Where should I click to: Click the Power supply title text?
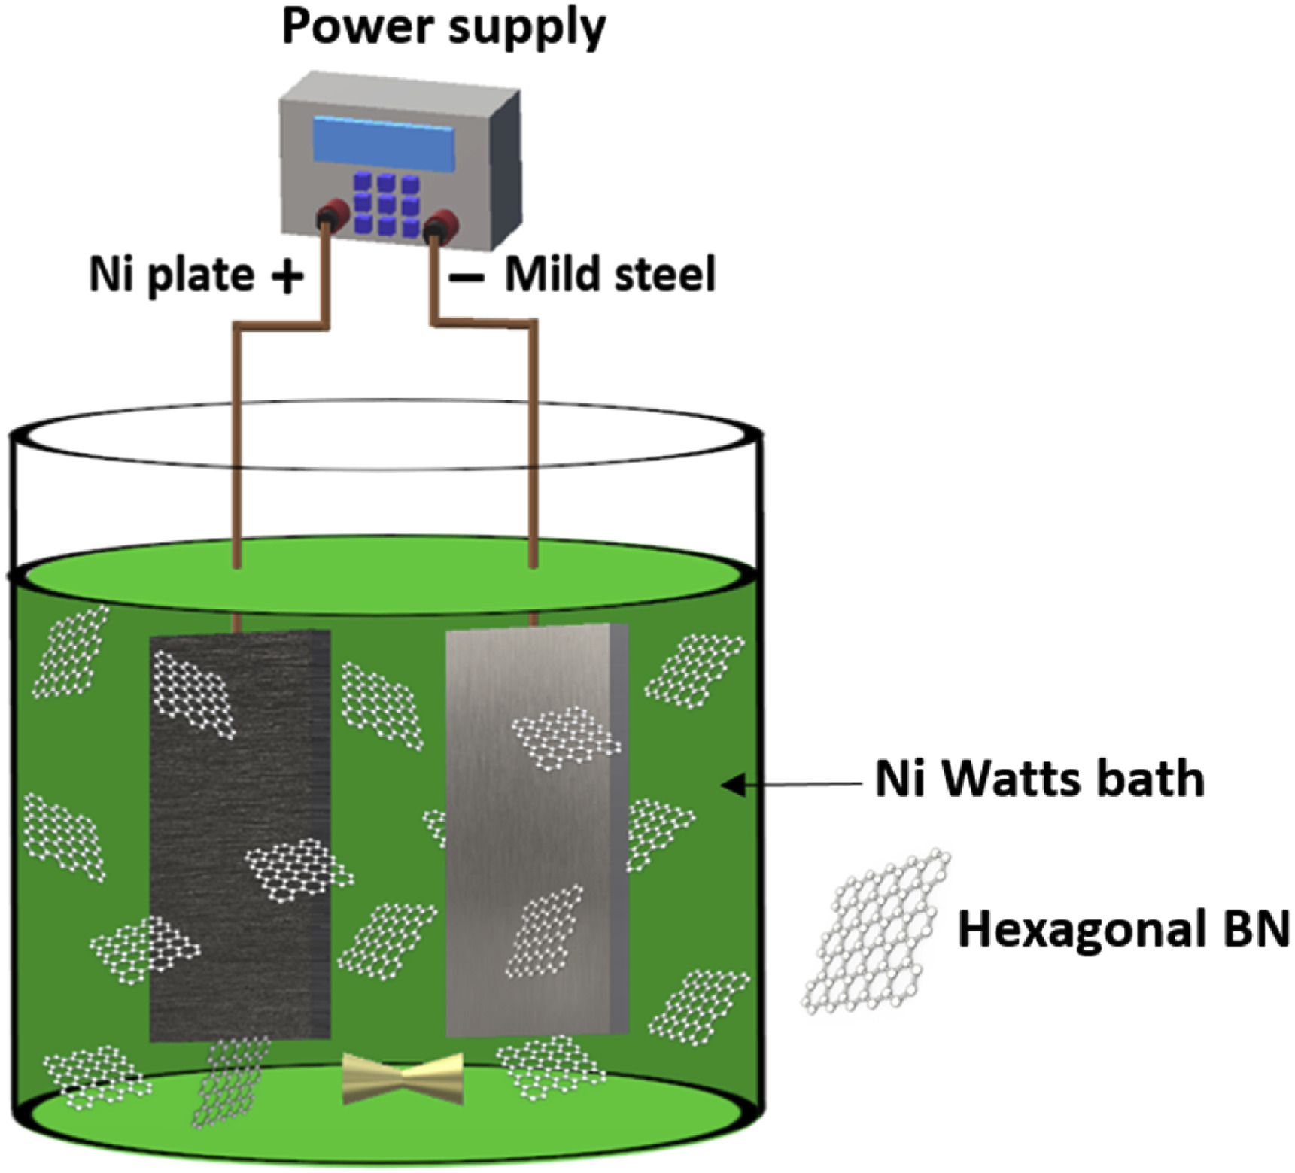[x=443, y=28]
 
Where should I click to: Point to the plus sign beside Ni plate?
[x=287, y=275]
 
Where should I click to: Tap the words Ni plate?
[x=172, y=275]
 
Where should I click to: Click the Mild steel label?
[x=610, y=275]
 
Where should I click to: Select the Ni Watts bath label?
[x=1039, y=779]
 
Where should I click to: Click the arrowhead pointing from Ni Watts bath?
[x=732, y=785]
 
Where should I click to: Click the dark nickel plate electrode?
[x=239, y=835]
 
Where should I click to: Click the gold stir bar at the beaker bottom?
[x=403, y=1078]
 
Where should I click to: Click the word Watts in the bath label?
[x=1015, y=779]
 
